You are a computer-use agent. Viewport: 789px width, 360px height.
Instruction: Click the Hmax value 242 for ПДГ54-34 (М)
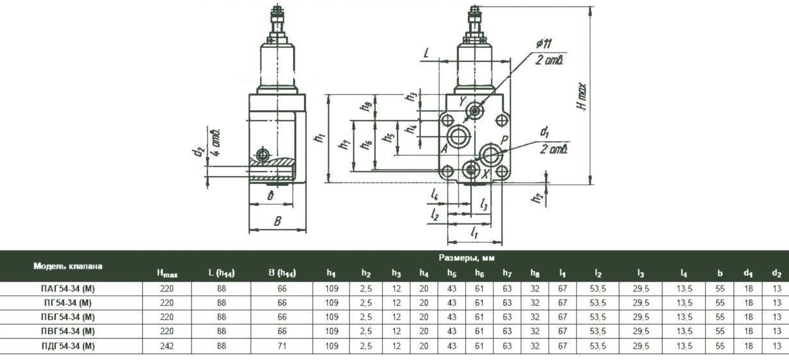(x=167, y=346)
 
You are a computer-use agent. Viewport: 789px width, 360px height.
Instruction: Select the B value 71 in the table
(x=282, y=346)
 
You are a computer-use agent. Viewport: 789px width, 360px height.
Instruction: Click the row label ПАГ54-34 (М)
(x=68, y=288)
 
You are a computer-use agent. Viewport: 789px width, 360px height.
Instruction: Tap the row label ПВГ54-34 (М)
(x=68, y=331)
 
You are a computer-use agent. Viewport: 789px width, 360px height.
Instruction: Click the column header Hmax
(x=167, y=273)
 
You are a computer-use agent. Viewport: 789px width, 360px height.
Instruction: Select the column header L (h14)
(x=222, y=273)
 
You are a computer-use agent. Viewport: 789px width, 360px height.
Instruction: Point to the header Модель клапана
(x=68, y=266)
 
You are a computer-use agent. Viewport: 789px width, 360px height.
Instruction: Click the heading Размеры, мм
(x=466, y=257)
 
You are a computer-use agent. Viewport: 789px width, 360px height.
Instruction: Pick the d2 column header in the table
(x=777, y=273)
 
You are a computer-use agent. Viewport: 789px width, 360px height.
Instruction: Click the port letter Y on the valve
(x=462, y=101)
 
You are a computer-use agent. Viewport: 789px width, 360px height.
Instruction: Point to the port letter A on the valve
(x=444, y=148)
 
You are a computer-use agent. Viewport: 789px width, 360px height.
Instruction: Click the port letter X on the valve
(x=485, y=174)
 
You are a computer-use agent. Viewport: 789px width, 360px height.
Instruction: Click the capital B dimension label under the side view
(x=277, y=221)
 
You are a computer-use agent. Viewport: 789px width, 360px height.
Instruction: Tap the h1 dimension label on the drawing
(x=319, y=137)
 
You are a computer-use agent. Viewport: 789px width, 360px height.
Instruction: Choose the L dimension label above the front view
(x=426, y=53)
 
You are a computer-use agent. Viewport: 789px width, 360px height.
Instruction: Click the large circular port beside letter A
(x=458, y=136)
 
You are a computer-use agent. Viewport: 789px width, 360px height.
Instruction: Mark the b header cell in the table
(x=720, y=273)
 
